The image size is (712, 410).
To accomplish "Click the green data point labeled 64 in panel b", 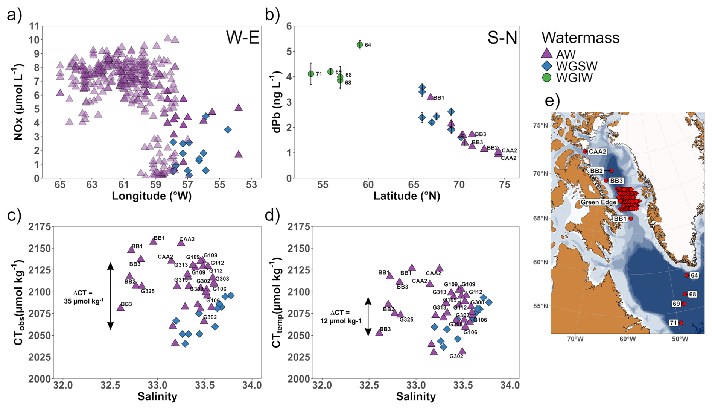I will tap(360, 45).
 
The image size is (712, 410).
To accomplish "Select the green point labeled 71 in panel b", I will tap(311, 74).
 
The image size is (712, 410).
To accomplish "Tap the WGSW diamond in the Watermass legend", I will tap(546, 66).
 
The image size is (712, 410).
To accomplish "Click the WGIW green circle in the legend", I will tap(546, 77).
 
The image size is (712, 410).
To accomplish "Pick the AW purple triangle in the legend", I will tap(546, 54).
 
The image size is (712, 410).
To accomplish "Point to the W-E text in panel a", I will tap(243, 38).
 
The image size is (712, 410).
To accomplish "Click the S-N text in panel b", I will tap(502, 38).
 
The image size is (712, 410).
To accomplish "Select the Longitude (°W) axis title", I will tap(152, 196).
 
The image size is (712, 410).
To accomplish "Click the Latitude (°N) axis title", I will tap(406, 196).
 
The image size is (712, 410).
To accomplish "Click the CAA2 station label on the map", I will tap(597, 152).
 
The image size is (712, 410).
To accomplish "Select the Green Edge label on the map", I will tap(598, 202).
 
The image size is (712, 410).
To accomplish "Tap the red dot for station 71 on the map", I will tap(681, 323).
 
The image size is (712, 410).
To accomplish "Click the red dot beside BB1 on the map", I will tap(631, 219).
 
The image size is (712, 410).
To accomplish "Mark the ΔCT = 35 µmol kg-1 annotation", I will tap(83, 297).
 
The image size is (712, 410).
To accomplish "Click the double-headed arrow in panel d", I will tap(368, 316).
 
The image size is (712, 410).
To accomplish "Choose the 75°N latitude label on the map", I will tap(540, 125).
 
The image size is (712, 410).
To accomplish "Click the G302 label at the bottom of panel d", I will tap(456, 356).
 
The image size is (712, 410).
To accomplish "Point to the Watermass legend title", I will tap(580, 38).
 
